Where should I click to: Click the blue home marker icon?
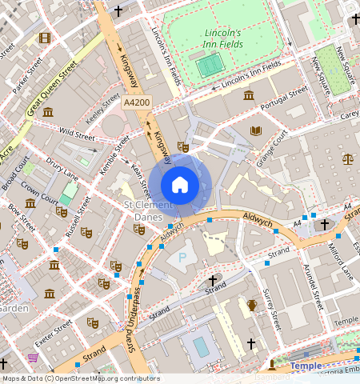click(180, 185)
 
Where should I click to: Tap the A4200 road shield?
click(137, 104)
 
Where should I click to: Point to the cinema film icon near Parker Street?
click(44, 38)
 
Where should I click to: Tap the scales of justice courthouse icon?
click(347, 158)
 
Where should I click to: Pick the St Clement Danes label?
click(144, 211)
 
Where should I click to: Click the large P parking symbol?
click(182, 258)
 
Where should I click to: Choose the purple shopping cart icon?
click(33, 358)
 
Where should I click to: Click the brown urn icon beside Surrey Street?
click(252, 305)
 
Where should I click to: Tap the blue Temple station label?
click(306, 366)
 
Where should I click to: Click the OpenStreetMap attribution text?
click(80, 378)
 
